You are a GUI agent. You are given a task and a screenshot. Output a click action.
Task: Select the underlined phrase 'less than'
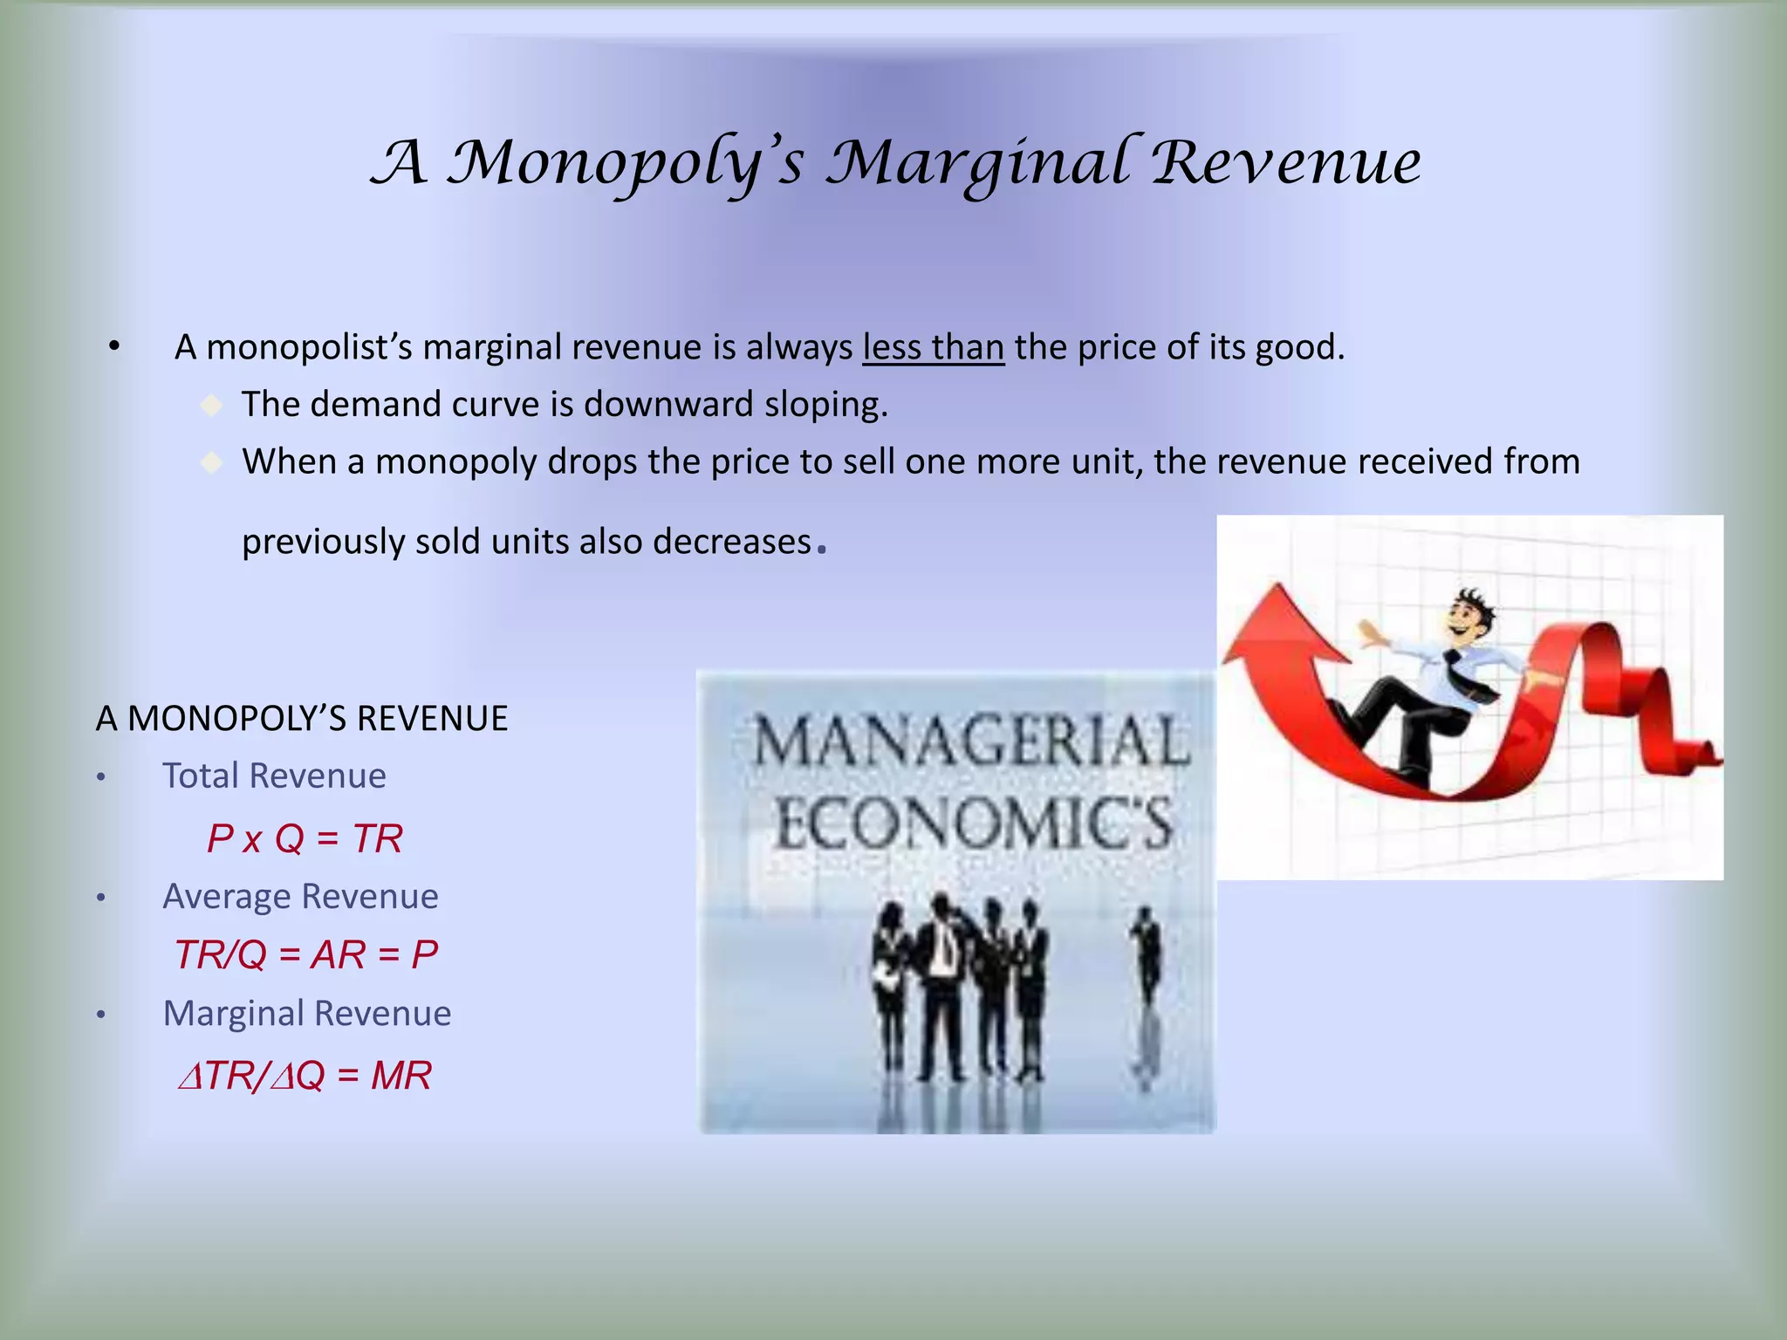pos(933,347)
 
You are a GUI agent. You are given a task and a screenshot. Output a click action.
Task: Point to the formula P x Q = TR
pos(305,838)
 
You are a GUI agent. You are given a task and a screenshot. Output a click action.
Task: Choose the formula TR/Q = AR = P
pos(305,954)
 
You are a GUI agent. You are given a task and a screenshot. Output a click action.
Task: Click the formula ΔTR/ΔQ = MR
pos(305,1075)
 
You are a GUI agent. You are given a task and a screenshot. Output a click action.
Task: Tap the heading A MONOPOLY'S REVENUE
pos(302,718)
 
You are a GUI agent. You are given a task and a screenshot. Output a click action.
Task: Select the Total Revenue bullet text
pos(274,776)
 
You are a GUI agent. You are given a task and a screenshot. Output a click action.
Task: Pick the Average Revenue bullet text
pos(300,896)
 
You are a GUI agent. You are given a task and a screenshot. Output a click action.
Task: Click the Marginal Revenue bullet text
pos(306,1013)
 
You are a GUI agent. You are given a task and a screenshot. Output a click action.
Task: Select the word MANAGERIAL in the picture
pos(970,740)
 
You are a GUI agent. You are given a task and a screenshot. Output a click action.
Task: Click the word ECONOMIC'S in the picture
pos(974,824)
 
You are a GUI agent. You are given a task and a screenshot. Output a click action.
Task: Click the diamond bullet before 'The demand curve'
pos(211,405)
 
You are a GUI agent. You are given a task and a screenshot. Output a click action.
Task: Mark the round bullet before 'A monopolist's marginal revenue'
pos(113,346)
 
